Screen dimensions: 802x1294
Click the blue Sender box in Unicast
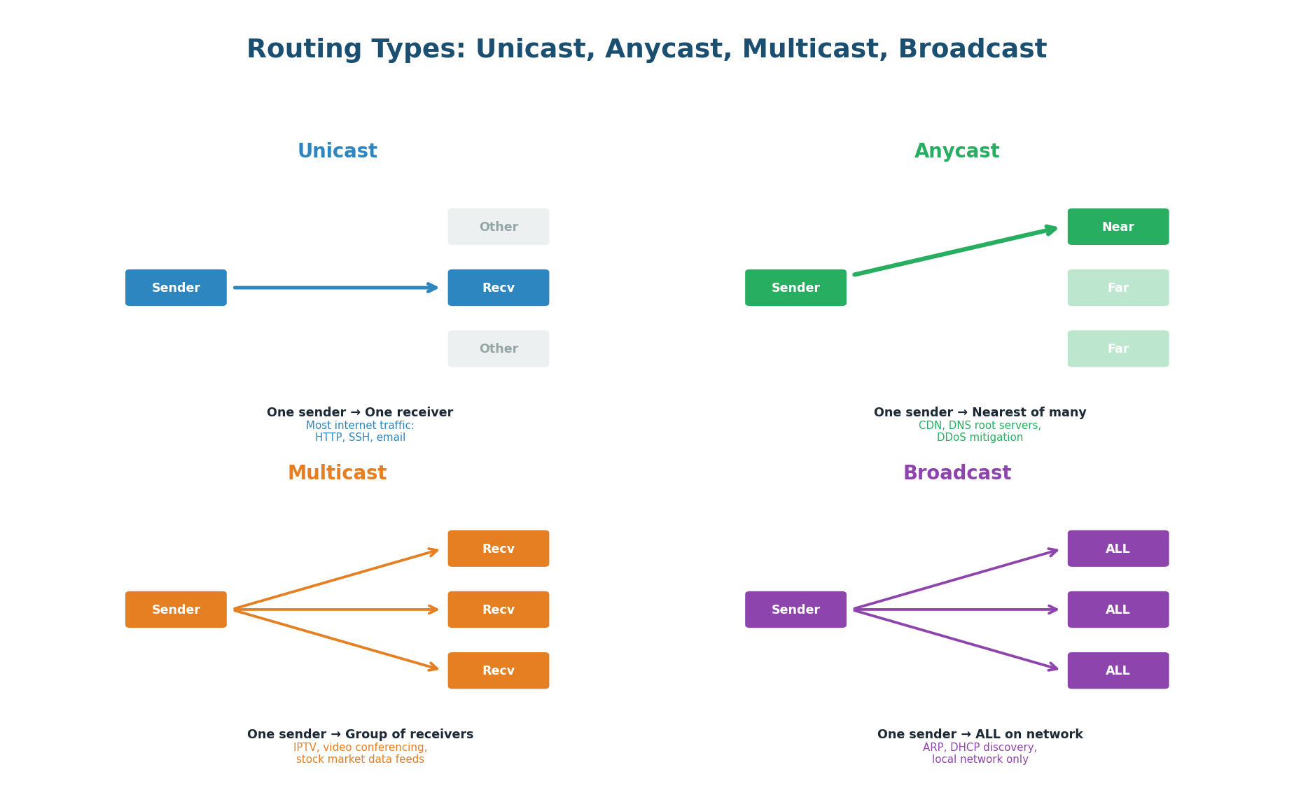pos(176,288)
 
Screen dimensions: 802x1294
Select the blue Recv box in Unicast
pos(498,288)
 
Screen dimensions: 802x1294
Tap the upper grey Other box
pos(498,227)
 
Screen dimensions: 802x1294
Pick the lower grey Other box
pos(498,349)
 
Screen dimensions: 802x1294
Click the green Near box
pos(1118,227)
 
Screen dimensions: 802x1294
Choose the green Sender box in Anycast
pos(795,288)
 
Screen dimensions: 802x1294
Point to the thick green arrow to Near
pos(956,251)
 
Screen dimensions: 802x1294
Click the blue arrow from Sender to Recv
pos(336,288)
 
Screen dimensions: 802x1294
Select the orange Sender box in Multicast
pos(176,610)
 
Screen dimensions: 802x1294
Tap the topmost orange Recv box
pos(498,549)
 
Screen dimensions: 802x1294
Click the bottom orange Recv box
pos(498,670)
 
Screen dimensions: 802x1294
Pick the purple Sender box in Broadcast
pos(795,610)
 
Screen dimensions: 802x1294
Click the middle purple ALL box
pos(1118,610)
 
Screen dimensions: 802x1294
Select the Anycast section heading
pos(956,151)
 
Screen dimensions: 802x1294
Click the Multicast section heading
pos(337,473)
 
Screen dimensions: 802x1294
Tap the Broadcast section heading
pos(956,473)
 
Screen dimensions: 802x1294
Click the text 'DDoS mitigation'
pos(980,437)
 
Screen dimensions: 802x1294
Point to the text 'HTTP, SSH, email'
pos(360,437)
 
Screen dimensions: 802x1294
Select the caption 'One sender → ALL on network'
pos(980,734)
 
